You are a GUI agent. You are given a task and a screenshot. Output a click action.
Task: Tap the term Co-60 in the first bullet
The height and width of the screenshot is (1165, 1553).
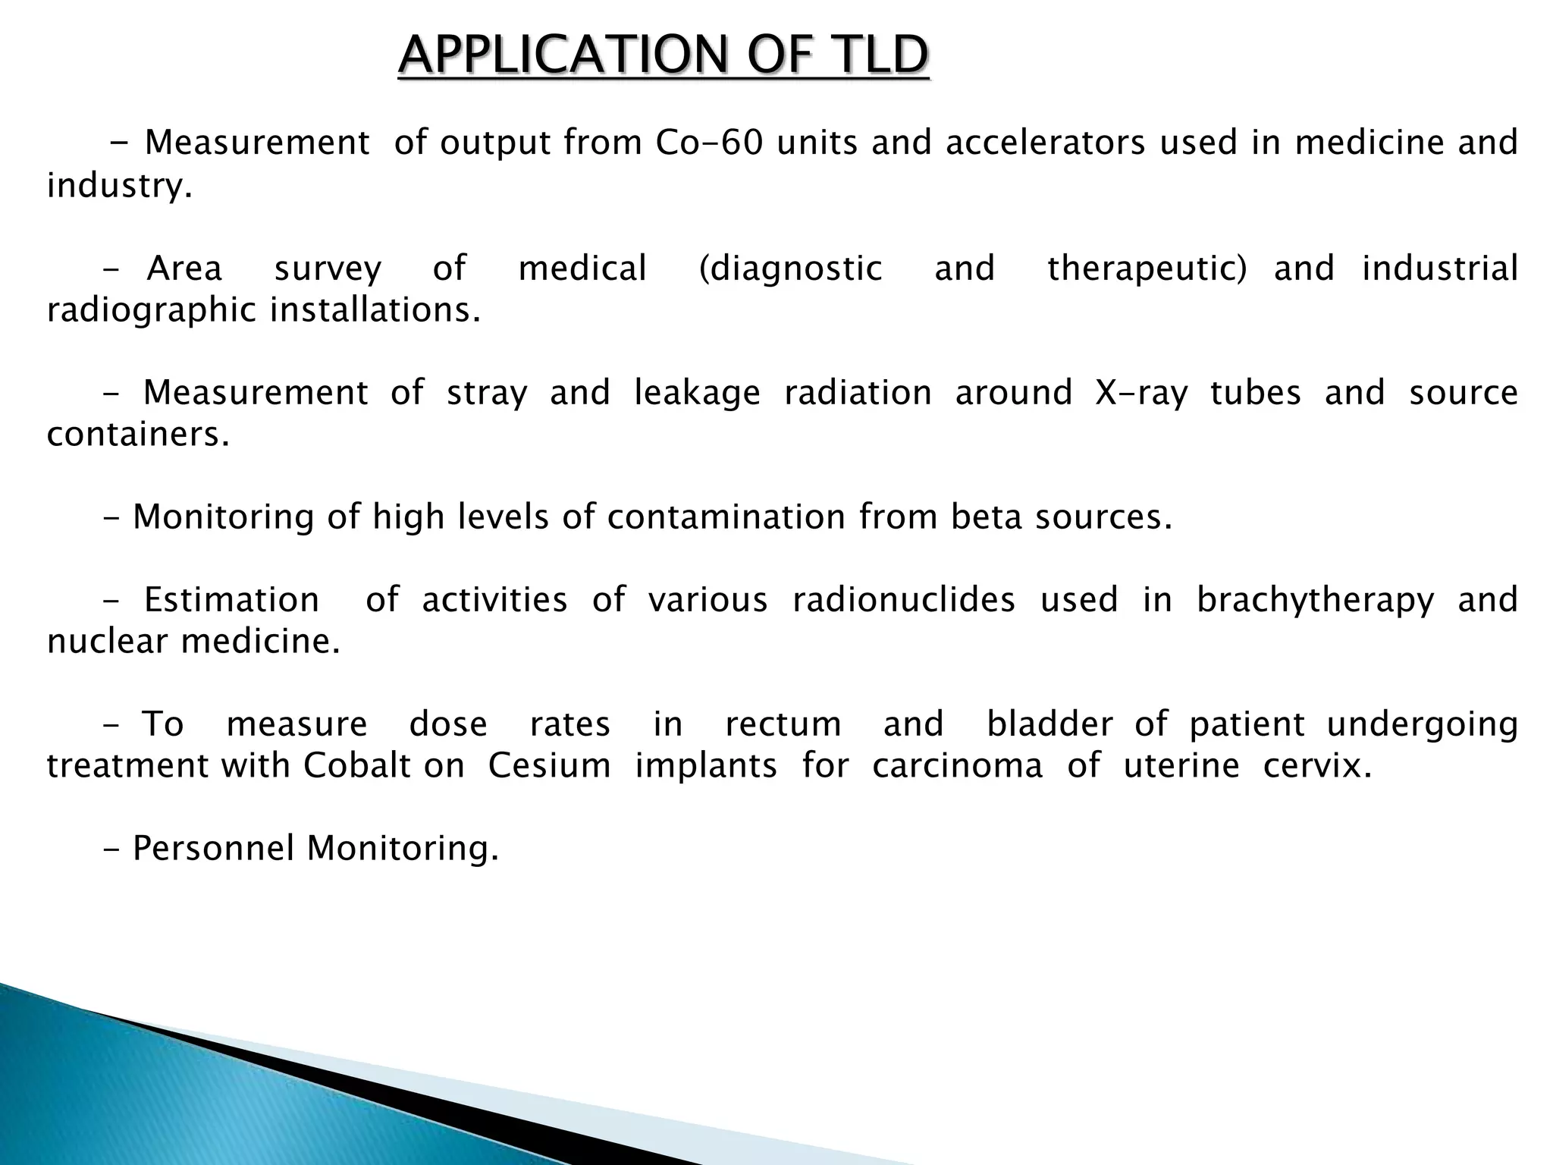(x=708, y=143)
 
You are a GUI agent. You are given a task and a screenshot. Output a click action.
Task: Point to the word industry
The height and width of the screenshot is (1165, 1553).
(x=119, y=185)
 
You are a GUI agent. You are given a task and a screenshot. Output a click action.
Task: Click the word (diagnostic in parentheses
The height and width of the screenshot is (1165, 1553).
(x=790, y=268)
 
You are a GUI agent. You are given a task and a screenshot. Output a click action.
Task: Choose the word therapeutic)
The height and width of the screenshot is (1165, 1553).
(x=1147, y=268)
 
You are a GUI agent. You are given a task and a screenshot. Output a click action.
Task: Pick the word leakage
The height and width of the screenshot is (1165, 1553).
(x=697, y=393)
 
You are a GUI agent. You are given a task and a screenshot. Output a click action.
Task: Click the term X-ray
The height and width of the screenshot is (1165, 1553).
(x=1141, y=393)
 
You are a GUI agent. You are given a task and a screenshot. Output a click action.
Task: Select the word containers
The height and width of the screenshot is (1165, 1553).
(x=137, y=435)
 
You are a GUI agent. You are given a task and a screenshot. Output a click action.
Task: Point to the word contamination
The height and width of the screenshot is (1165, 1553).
(x=726, y=517)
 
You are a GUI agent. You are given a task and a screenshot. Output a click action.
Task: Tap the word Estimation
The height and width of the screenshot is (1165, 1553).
(x=231, y=600)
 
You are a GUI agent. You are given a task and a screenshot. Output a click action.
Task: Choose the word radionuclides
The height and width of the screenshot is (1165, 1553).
(x=904, y=600)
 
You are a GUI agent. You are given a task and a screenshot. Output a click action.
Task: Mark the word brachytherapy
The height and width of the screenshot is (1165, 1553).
(x=1316, y=600)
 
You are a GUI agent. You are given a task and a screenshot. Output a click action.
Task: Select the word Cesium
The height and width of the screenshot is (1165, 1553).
(x=549, y=766)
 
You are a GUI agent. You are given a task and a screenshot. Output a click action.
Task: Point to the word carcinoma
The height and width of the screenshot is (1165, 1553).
(x=958, y=766)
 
